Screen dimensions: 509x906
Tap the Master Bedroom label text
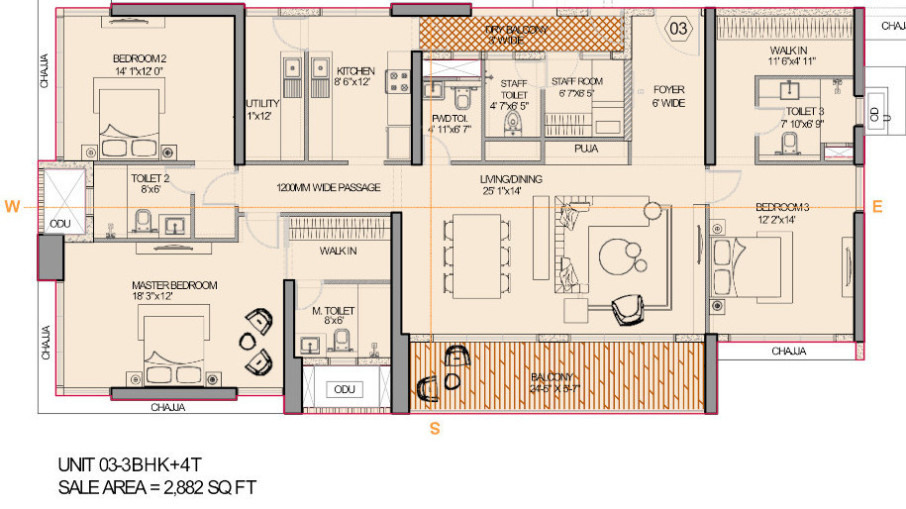pos(174,285)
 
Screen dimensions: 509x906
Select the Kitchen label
pos(355,71)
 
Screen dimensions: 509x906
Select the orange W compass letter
pos(12,206)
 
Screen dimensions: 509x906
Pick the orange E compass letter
pos(876,206)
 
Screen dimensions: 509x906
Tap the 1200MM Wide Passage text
pos(328,187)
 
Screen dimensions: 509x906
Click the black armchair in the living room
pos(629,310)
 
